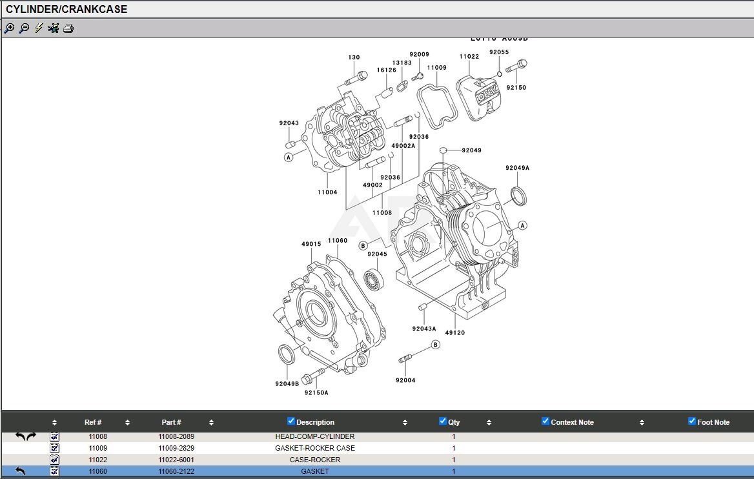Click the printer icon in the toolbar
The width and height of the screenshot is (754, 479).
click(x=68, y=28)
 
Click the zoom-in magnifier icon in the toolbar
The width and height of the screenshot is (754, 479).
click(x=9, y=28)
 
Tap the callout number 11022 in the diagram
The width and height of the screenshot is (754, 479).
click(x=469, y=57)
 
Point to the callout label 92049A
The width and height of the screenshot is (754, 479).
click(x=517, y=168)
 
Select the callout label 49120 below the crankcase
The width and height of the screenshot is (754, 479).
click(x=454, y=333)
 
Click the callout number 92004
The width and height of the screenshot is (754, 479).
click(x=405, y=380)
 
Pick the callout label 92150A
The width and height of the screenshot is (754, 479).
click(x=316, y=392)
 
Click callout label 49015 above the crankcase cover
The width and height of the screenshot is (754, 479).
click(x=311, y=244)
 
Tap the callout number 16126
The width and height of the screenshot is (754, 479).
click(x=387, y=70)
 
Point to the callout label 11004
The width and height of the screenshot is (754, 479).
click(x=327, y=192)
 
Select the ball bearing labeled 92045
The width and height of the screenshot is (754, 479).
click(x=374, y=279)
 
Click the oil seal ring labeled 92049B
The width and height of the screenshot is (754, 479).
click(x=287, y=355)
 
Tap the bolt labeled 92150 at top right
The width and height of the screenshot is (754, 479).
click(x=516, y=66)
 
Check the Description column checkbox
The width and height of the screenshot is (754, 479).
click(x=291, y=422)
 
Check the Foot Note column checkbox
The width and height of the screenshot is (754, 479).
click(x=692, y=422)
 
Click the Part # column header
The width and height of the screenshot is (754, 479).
click(x=171, y=422)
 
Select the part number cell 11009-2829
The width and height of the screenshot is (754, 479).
click(x=176, y=448)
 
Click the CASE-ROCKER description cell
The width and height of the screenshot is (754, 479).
click(x=315, y=460)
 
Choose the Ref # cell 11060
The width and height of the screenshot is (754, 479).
click(x=98, y=471)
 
